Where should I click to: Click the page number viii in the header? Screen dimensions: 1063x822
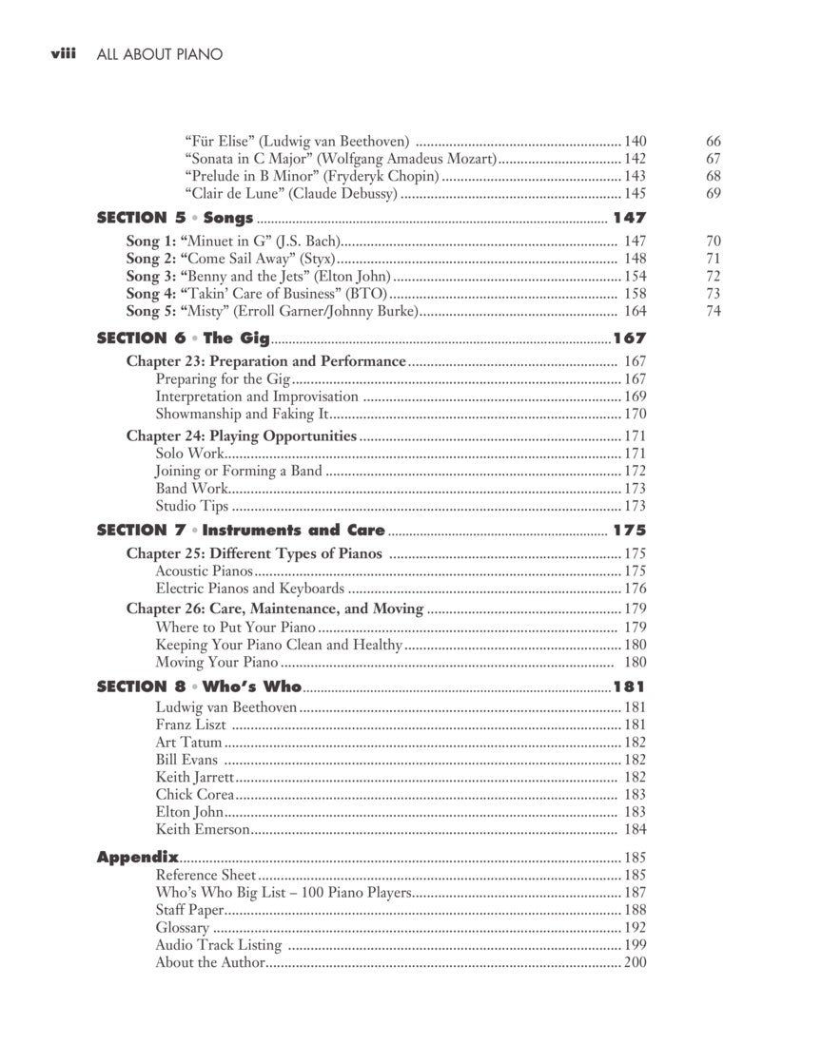[x=63, y=54]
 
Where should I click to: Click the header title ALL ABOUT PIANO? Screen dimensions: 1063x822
[x=160, y=54]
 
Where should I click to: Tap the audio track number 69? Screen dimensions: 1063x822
[x=714, y=194]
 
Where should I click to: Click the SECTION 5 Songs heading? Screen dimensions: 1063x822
[x=175, y=218]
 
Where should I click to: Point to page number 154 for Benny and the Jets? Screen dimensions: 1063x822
[x=635, y=276]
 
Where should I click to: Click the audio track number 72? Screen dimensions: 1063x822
[x=714, y=276]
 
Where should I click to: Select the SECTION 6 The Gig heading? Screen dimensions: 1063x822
[x=184, y=338]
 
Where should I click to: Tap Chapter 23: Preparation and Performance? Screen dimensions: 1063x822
[x=266, y=361]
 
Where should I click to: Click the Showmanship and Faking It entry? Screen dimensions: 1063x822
[x=242, y=414]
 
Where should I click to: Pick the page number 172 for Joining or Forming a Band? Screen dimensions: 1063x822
[x=635, y=471]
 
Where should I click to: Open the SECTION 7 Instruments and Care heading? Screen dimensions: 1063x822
[x=241, y=530]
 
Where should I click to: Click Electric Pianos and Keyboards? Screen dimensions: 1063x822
[x=250, y=589]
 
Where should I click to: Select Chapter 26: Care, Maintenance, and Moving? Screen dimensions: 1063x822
[x=275, y=609]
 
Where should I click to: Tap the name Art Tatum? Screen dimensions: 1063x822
[x=188, y=742]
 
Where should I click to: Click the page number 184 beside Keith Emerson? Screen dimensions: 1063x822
[x=635, y=829]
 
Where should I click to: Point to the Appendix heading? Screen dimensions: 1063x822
[x=138, y=857]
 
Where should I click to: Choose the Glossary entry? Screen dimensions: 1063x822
[x=183, y=927]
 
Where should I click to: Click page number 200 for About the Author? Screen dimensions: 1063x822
[x=635, y=962]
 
